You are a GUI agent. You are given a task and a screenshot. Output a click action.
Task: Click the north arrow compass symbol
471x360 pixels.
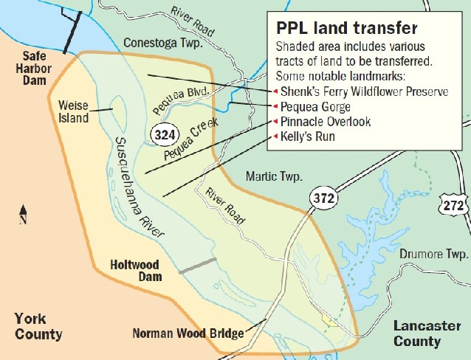click(23, 213)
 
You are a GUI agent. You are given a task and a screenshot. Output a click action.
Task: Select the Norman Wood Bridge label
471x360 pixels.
click(188, 333)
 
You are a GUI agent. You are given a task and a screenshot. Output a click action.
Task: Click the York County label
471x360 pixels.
click(38, 326)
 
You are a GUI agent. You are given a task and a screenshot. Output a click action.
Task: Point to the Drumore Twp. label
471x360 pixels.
click(434, 254)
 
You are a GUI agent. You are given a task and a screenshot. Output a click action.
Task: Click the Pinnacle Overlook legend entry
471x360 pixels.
click(326, 122)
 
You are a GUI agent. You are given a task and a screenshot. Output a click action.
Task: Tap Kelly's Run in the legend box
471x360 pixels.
click(308, 137)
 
